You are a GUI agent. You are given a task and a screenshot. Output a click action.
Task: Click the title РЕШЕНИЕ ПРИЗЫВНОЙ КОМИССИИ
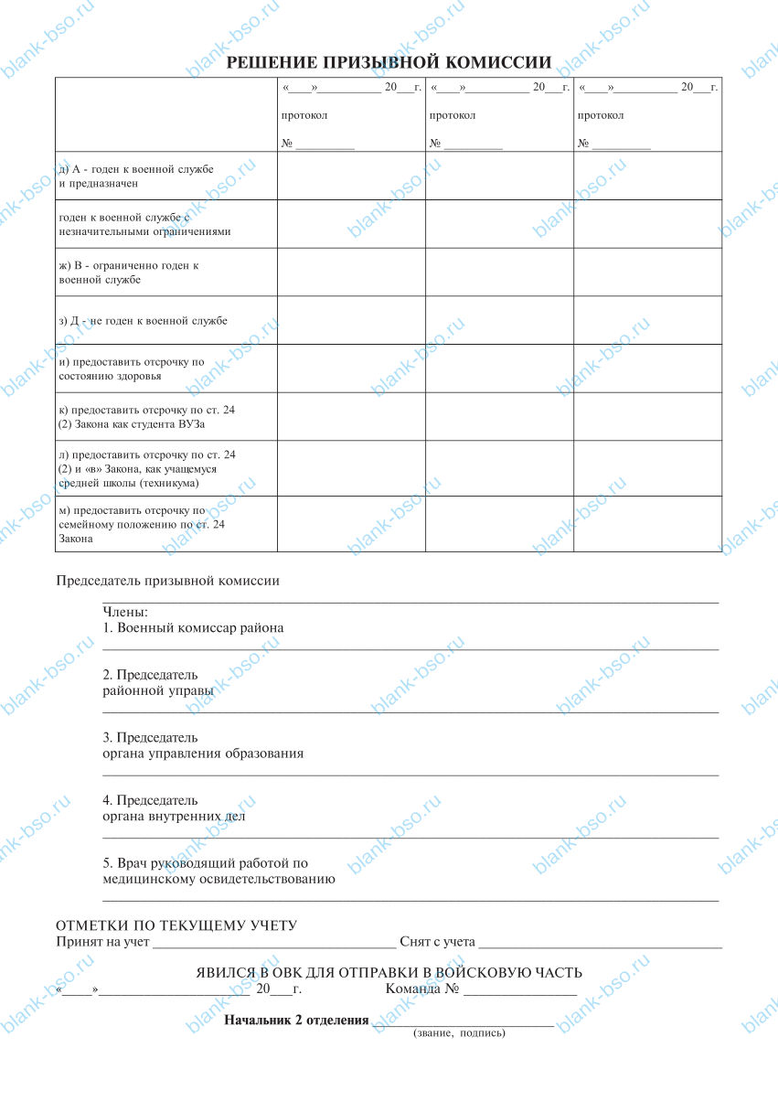pos(389,62)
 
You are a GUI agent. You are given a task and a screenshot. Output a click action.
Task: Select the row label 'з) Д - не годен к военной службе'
pos(143,321)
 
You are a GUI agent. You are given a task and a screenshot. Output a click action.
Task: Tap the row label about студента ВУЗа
pos(147,417)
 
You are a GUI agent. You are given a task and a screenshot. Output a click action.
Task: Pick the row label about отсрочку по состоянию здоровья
pos(132,369)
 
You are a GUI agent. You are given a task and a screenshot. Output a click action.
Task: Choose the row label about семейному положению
pos(142,525)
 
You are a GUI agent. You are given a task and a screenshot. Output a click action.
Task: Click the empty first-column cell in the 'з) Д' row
pos(351,320)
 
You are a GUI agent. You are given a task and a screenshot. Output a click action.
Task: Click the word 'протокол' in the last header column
pos(601,115)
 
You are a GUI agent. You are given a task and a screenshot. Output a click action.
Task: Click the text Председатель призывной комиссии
pos(168,581)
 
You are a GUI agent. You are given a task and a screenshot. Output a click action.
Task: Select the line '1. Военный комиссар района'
pos(193,628)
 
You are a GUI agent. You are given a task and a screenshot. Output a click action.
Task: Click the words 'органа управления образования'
pos(203,754)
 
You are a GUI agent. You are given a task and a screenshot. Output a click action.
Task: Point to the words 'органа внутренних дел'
pos(174,817)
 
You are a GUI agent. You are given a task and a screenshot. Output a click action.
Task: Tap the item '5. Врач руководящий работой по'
pos(206,863)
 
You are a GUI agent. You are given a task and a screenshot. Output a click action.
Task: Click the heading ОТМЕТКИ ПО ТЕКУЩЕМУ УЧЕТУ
pos(176,925)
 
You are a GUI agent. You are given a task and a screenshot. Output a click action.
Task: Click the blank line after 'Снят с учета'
pos(601,942)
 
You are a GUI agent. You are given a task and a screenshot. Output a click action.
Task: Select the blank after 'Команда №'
pos(519,991)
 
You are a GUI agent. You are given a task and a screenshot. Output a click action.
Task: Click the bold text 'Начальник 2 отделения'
pos(297,1020)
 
